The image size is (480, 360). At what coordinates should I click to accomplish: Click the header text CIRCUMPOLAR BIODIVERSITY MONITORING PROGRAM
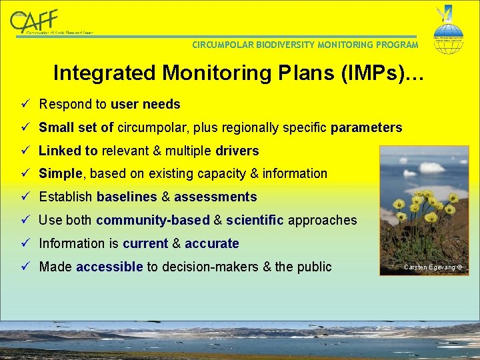pyautogui.click(x=305, y=45)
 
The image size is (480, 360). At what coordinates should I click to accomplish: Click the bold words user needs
pyautogui.click(x=145, y=105)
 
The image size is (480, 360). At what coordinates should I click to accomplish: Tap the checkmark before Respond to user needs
pyautogui.click(x=25, y=105)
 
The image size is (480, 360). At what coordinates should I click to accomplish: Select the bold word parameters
pyautogui.click(x=366, y=128)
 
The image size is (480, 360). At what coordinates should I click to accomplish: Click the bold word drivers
pyautogui.click(x=237, y=151)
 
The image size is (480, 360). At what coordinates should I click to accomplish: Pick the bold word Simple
pyautogui.click(x=61, y=174)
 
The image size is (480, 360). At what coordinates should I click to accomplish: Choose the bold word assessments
pyautogui.click(x=215, y=197)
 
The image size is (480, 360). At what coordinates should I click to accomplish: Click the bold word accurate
pyautogui.click(x=211, y=244)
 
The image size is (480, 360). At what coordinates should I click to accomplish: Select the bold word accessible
pyautogui.click(x=109, y=267)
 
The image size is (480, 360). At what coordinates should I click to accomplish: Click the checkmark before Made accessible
pyautogui.click(x=25, y=267)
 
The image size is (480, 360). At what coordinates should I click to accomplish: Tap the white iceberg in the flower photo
pyautogui.click(x=431, y=167)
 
